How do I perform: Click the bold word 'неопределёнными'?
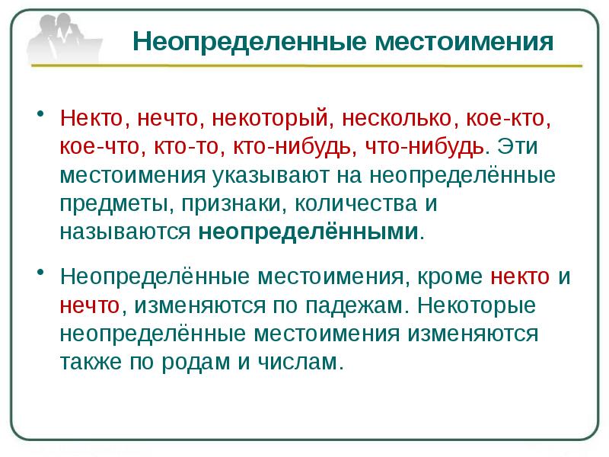tap(309, 232)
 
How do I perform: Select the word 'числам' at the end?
tap(307, 362)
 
